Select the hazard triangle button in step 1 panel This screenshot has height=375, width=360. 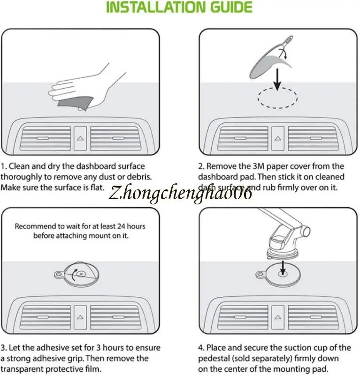pos(80,139)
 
